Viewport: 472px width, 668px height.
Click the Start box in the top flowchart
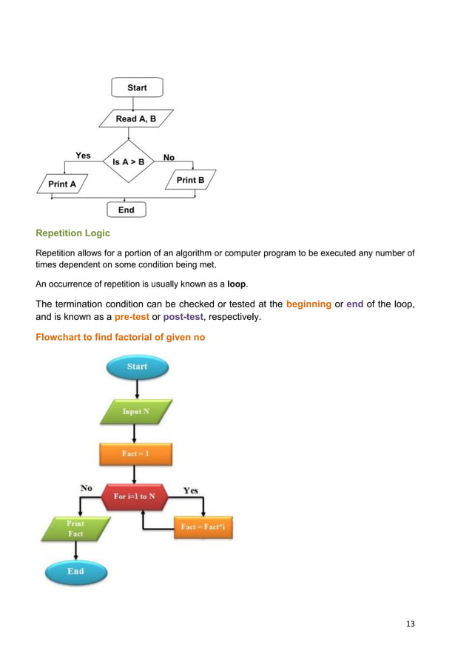point(137,87)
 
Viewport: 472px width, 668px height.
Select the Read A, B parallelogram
point(137,118)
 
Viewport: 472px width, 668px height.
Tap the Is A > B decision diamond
point(129,160)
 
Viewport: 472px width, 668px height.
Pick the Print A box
point(62,184)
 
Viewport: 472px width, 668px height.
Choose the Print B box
point(190,180)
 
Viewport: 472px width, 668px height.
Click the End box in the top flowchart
point(127,210)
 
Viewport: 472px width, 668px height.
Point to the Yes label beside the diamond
point(83,156)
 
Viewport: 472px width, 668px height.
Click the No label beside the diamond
point(169,158)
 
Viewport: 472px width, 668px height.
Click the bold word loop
point(237,285)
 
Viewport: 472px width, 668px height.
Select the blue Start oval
point(137,367)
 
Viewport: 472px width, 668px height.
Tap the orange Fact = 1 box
point(135,453)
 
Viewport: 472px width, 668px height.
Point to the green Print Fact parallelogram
point(75,529)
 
